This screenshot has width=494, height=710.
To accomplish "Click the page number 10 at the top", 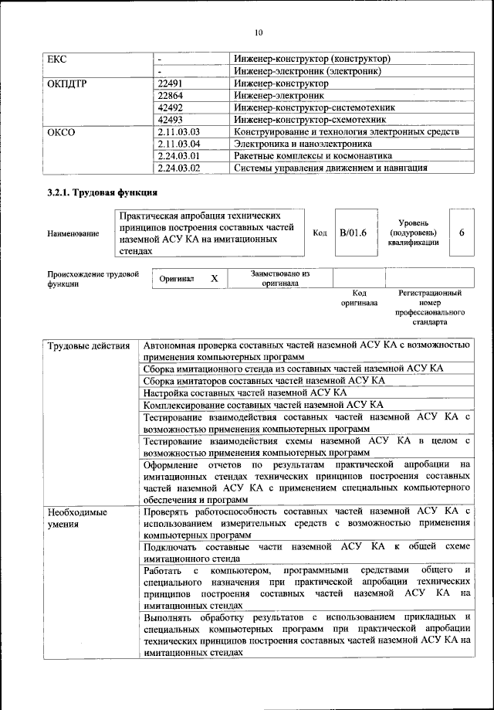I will click(x=257, y=32).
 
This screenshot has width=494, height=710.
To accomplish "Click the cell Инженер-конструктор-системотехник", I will click(x=315, y=107).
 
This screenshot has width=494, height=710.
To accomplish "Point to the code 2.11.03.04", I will click(x=178, y=144).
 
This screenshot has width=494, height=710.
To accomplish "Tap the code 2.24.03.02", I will click(x=178, y=168).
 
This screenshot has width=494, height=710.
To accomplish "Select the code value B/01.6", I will click(x=353, y=232).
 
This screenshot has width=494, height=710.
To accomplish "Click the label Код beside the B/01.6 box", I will click(x=320, y=233).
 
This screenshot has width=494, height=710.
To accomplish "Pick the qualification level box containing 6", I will click(x=461, y=232).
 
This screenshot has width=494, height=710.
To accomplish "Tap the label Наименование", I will click(x=73, y=233).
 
